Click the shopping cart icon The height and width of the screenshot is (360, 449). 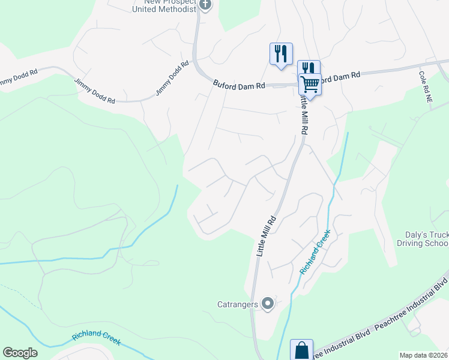point(310,83)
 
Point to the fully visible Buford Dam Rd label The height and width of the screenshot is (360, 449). point(239,85)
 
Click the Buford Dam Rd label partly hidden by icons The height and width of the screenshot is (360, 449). point(339,76)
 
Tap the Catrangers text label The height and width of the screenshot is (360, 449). point(238,304)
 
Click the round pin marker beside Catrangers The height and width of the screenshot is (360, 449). point(268,304)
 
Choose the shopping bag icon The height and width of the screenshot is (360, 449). point(301,350)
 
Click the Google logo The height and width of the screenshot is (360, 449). point(20,353)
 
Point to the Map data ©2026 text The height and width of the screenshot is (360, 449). point(424,355)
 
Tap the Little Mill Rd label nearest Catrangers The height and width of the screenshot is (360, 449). point(267,236)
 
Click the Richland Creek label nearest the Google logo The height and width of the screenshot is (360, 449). point(96,338)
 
